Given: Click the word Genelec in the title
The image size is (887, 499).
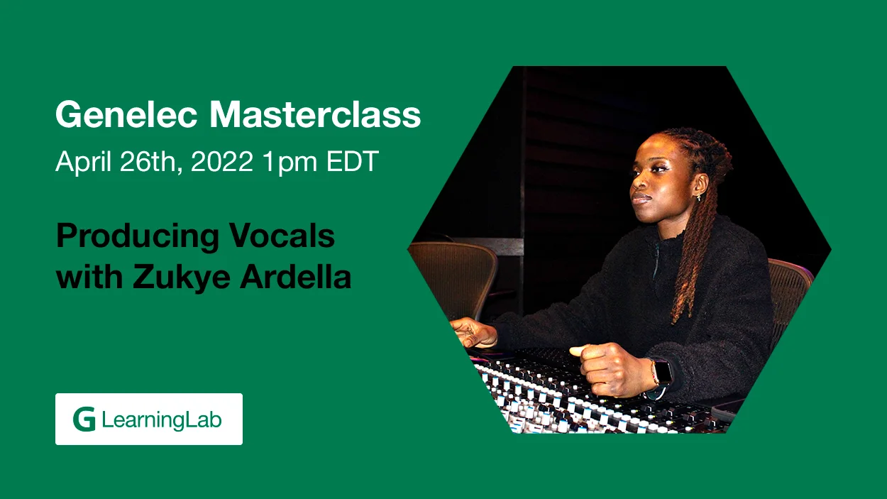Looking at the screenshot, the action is (x=126, y=114).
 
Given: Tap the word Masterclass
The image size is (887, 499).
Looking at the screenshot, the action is (x=315, y=114).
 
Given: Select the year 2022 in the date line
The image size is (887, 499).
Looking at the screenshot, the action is (x=221, y=161).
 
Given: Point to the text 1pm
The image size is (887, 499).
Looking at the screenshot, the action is (x=290, y=163).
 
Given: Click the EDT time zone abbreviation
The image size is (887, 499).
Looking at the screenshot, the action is (x=353, y=161).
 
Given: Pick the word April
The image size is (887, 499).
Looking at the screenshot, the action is (x=83, y=163).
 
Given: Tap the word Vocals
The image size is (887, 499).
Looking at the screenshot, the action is (x=282, y=236).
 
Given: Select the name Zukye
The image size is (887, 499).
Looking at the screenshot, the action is (x=182, y=278).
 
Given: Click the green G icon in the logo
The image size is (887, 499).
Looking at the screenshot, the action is (x=84, y=419).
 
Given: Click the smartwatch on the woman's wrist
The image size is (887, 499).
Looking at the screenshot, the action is (x=662, y=373).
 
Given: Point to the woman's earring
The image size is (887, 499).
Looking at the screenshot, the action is (x=699, y=197).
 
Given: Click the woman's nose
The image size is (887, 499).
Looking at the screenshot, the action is (x=637, y=183).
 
